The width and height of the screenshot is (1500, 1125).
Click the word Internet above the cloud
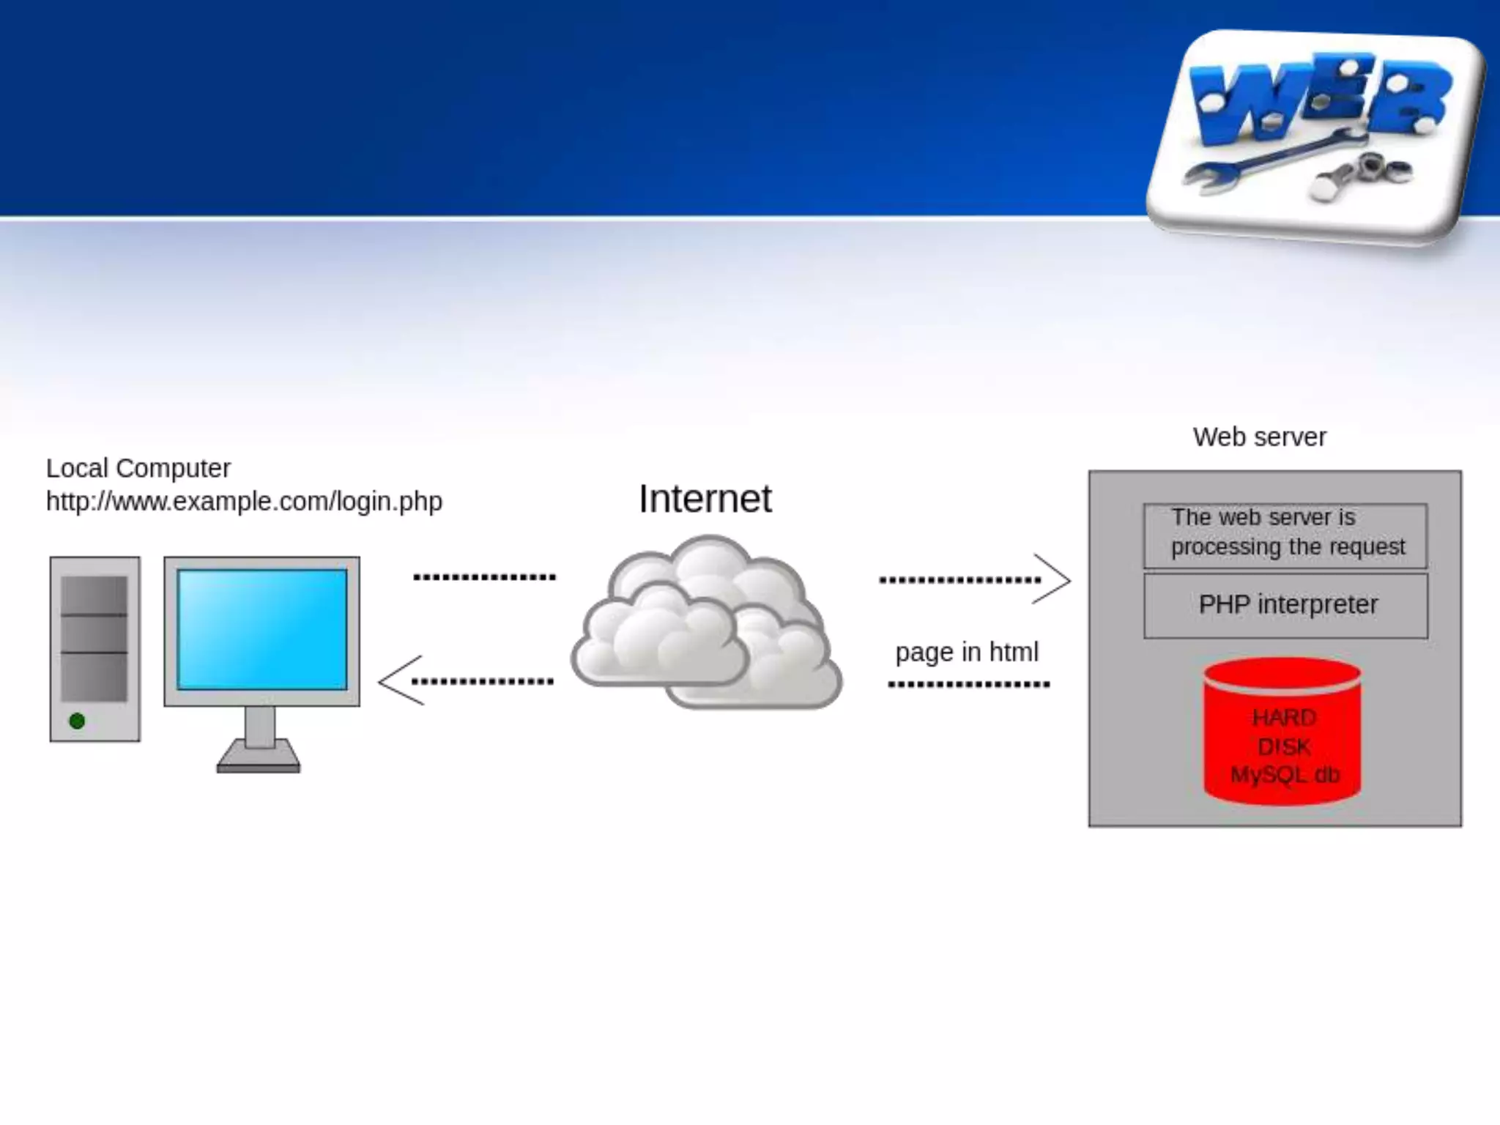click(x=705, y=499)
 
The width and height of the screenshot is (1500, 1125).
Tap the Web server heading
click(x=1259, y=437)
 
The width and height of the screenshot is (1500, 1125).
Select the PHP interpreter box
click(x=1286, y=605)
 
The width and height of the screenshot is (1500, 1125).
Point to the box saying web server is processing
click(x=1285, y=533)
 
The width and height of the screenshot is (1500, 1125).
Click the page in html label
click(x=967, y=652)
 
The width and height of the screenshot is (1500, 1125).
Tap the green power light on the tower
click(x=77, y=721)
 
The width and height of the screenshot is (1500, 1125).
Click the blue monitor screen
click(x=261, y=629)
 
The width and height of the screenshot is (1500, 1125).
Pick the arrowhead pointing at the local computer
click(x=399, y=680)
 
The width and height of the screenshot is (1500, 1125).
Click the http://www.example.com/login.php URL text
click(x=244, y=502)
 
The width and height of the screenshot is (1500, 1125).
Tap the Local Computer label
click(x=138, y=468)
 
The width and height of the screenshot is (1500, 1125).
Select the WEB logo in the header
click(x=1318, y=99)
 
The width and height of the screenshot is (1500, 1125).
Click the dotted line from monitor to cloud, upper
click(x=484, y=577)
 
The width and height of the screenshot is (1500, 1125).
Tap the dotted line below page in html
click(x=968, y=685)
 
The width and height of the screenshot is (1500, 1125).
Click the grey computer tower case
click(x=94, y=649)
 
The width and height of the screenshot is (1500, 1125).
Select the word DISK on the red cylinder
click(x=1284, y=747)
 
